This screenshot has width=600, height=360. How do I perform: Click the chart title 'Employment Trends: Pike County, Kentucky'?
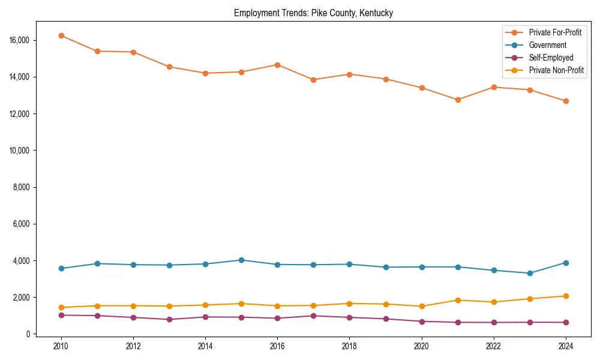(x=313, y=13)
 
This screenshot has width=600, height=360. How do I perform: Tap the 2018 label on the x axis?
(x=350, y=346)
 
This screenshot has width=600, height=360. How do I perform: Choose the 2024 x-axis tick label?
(x=566, y=346)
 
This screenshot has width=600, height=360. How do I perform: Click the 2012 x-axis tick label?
(x=133, y=346)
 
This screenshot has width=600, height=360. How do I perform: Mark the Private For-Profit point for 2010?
(x=61, y=35)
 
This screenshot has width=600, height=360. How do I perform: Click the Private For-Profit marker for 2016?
(x=277, y=65)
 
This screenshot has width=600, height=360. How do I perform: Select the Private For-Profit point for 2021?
(x=458, y=100)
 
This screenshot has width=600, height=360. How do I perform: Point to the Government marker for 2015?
(x=241, y=260)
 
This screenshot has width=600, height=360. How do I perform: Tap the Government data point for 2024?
(x=566, y=263)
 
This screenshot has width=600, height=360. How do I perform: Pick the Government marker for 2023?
(x=530, y=273)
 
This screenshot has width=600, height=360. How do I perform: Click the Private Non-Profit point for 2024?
(x=566, y=296)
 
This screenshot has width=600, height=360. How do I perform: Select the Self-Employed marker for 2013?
(x=169, y=319)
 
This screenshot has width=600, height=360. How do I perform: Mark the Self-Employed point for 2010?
(x=61, y=315)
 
